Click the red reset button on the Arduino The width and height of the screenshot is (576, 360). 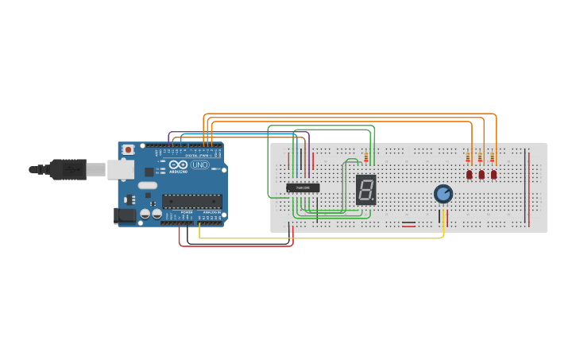pyautogui.click(x=128, y=149)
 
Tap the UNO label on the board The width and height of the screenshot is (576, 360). pyautogui.click(x=199, y=165)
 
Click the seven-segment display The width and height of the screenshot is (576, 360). pyautogui.click(x=365, y=189)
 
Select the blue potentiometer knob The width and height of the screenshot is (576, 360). pyautogui.click(x=443, y=194)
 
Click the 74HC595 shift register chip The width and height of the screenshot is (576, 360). pyautogui.click(x=303, y=188)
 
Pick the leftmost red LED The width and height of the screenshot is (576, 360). pyautogui.click(x=469, y=174)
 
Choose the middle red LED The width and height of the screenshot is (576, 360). pyautogui.click(x=481, y=174)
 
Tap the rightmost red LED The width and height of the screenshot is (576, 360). pyautogui.click(x=493, y=174)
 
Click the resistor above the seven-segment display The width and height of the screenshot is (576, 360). pyautogui.click(x=365, y=157)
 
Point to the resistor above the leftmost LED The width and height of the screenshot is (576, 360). pyautogui.click(x=469, y=157)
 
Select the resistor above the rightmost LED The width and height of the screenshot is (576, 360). pyautogui.click(x=493, y=157)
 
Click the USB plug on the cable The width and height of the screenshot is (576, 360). pyautogui.click(x=67, y=169)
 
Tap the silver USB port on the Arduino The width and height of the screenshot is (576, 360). pyautogui.click(x=120, y=168)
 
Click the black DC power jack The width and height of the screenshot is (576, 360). pyautogui.click(x=125, y=215)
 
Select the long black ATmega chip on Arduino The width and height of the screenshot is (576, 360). pyautogui.click(x=191, y=201)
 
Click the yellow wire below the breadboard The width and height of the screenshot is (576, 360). pyautogui.click(x=318, y=238)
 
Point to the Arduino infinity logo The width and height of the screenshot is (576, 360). pyautogui.click(x=178, y=165)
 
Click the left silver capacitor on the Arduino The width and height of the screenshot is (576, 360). pyautogui.click(x=145, y=214)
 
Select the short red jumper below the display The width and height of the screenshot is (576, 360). pyautogui.click(x=408, y=225)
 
